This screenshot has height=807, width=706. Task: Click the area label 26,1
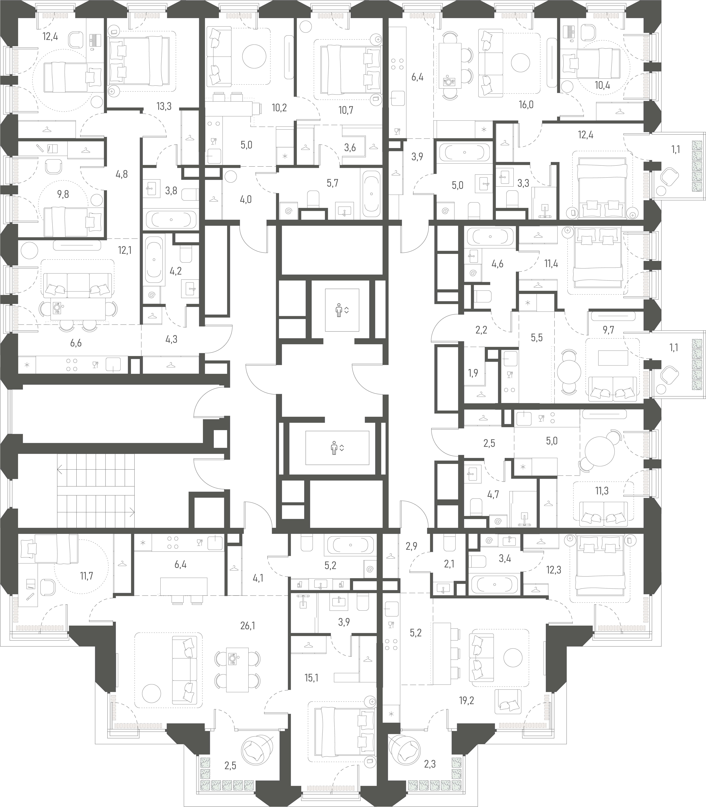pyautogui.click(x=247, y=625)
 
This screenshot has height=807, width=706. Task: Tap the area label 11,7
pyautogui.click(x=86, y=576)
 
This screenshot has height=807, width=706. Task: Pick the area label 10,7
pyautogui.click(x=346, y=110)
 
